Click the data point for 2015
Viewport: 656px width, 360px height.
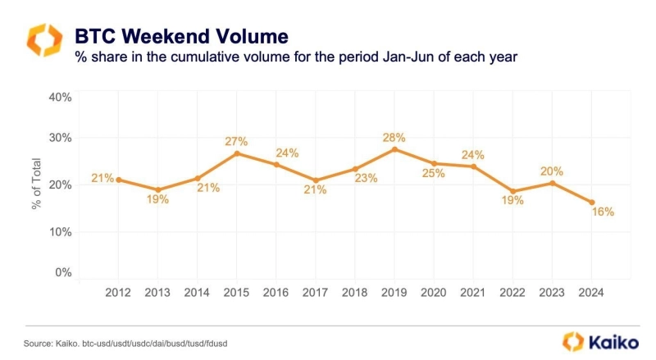coord(236,153)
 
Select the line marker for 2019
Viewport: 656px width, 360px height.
coord(394,148)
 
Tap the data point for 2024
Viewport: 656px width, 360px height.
coord(592,203)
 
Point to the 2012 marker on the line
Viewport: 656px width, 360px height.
coord(118,180)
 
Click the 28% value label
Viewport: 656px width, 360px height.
coord(394,136)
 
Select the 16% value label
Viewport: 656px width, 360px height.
coord(603,212)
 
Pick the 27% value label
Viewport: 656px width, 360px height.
coord(236,141)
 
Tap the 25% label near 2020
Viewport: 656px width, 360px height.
coord(434,173)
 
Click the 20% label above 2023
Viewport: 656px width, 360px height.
coord(553,171)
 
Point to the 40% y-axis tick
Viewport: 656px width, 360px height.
coord(61,97)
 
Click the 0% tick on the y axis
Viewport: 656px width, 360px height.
coord(64,272)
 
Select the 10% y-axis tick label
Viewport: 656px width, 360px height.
coord(61,231)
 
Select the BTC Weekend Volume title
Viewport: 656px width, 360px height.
coord(181,36)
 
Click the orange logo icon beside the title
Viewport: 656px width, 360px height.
coord(43,40)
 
